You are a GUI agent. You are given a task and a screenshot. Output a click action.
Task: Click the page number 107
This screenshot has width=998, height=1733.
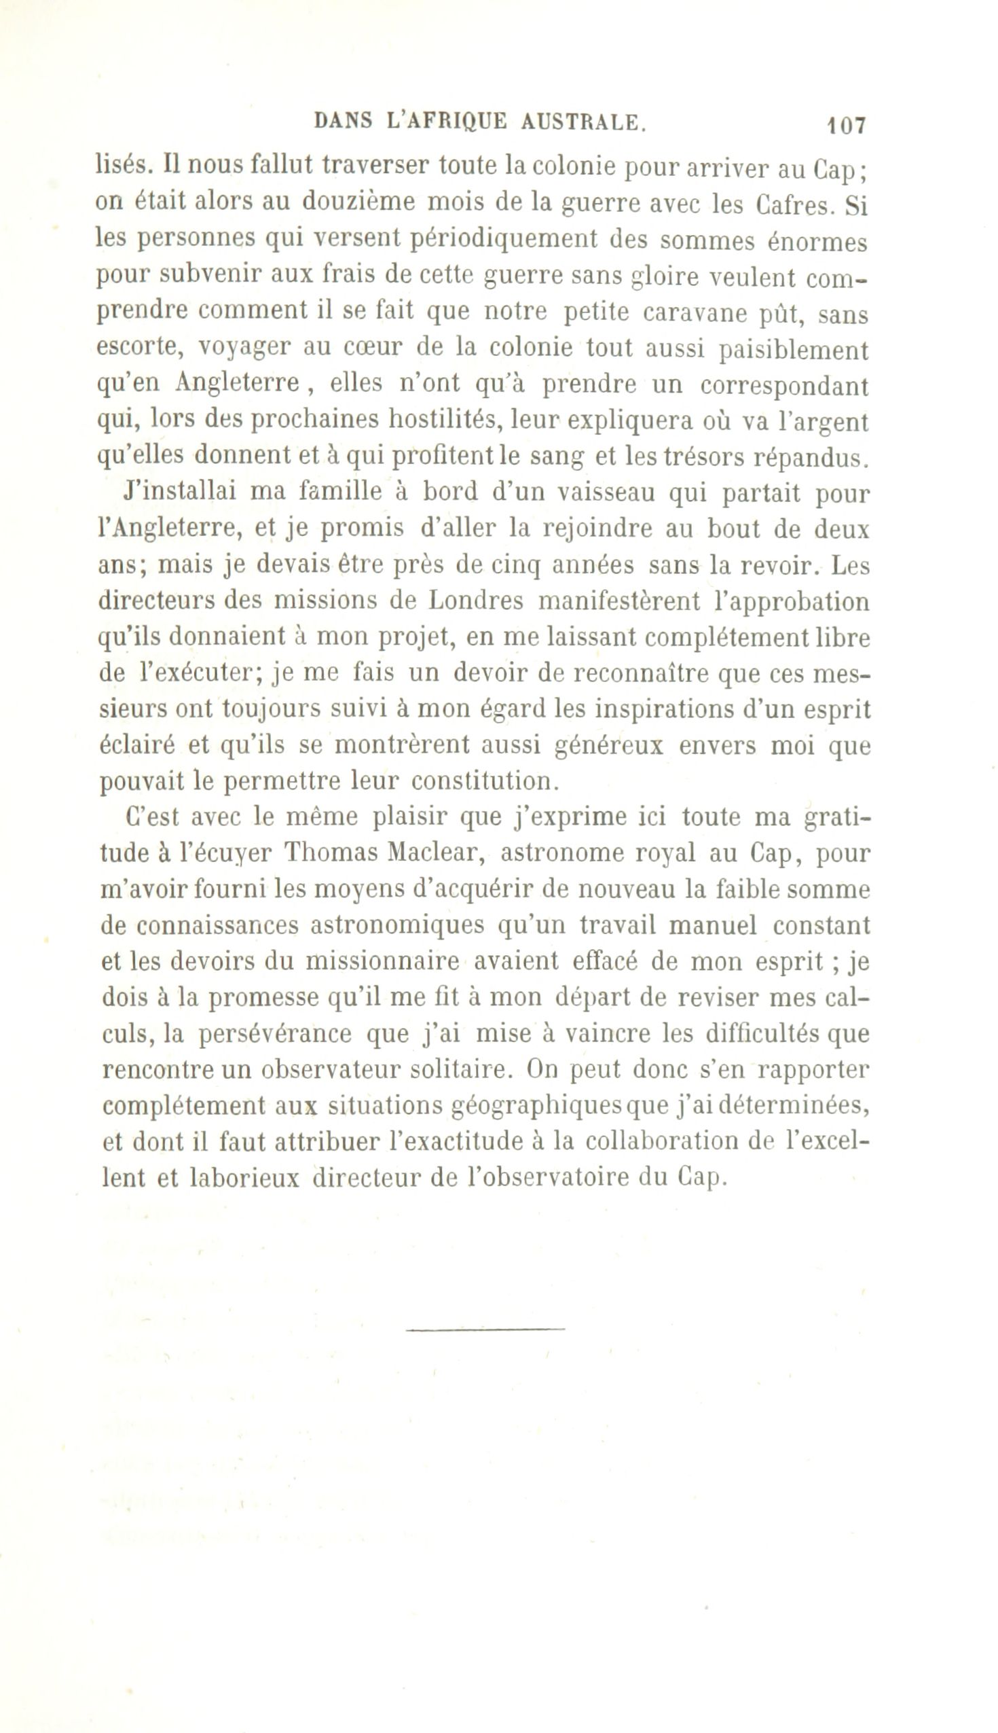point(847,126)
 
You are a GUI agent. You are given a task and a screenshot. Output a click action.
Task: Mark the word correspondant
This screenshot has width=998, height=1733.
point(784,386)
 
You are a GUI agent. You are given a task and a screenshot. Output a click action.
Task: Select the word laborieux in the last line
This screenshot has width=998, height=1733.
point(244,1177)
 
